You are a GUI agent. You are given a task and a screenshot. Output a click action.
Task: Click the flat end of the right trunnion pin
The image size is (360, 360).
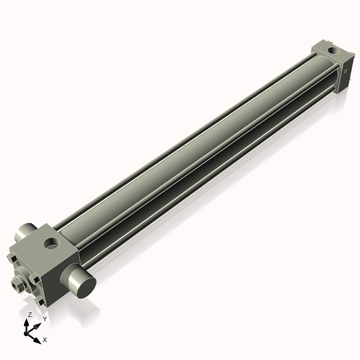83,286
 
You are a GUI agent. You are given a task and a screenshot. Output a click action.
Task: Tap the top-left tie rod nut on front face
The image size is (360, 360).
12,259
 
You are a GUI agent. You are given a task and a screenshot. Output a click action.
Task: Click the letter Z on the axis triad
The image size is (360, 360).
30,315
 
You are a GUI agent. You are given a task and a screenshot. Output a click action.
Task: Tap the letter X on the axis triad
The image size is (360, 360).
45,340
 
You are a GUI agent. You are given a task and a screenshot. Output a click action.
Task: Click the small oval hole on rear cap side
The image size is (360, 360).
346,71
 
